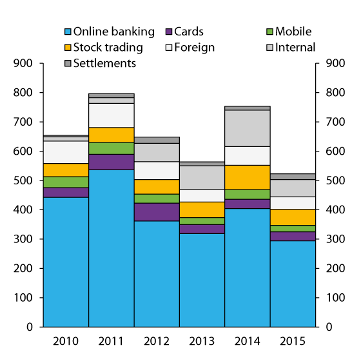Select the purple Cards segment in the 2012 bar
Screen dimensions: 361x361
[x=157, y=212]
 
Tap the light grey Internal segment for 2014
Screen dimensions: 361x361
[x=247, y=128]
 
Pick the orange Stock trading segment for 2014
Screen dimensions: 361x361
[x=247, y=177]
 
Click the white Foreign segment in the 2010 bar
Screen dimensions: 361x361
[x=66, y=152]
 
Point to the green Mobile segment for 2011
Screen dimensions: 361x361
[x=111, y=148]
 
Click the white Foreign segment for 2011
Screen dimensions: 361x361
[x=111, y=115]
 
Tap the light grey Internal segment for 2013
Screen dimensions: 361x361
[x=202, y=177]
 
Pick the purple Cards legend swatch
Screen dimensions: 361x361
[x=170, y=32]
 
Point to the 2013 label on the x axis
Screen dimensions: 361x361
[x=202, y=340]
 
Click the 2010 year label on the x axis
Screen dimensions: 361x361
[x=66, y=340]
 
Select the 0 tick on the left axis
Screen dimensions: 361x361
[x=30, y=327]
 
